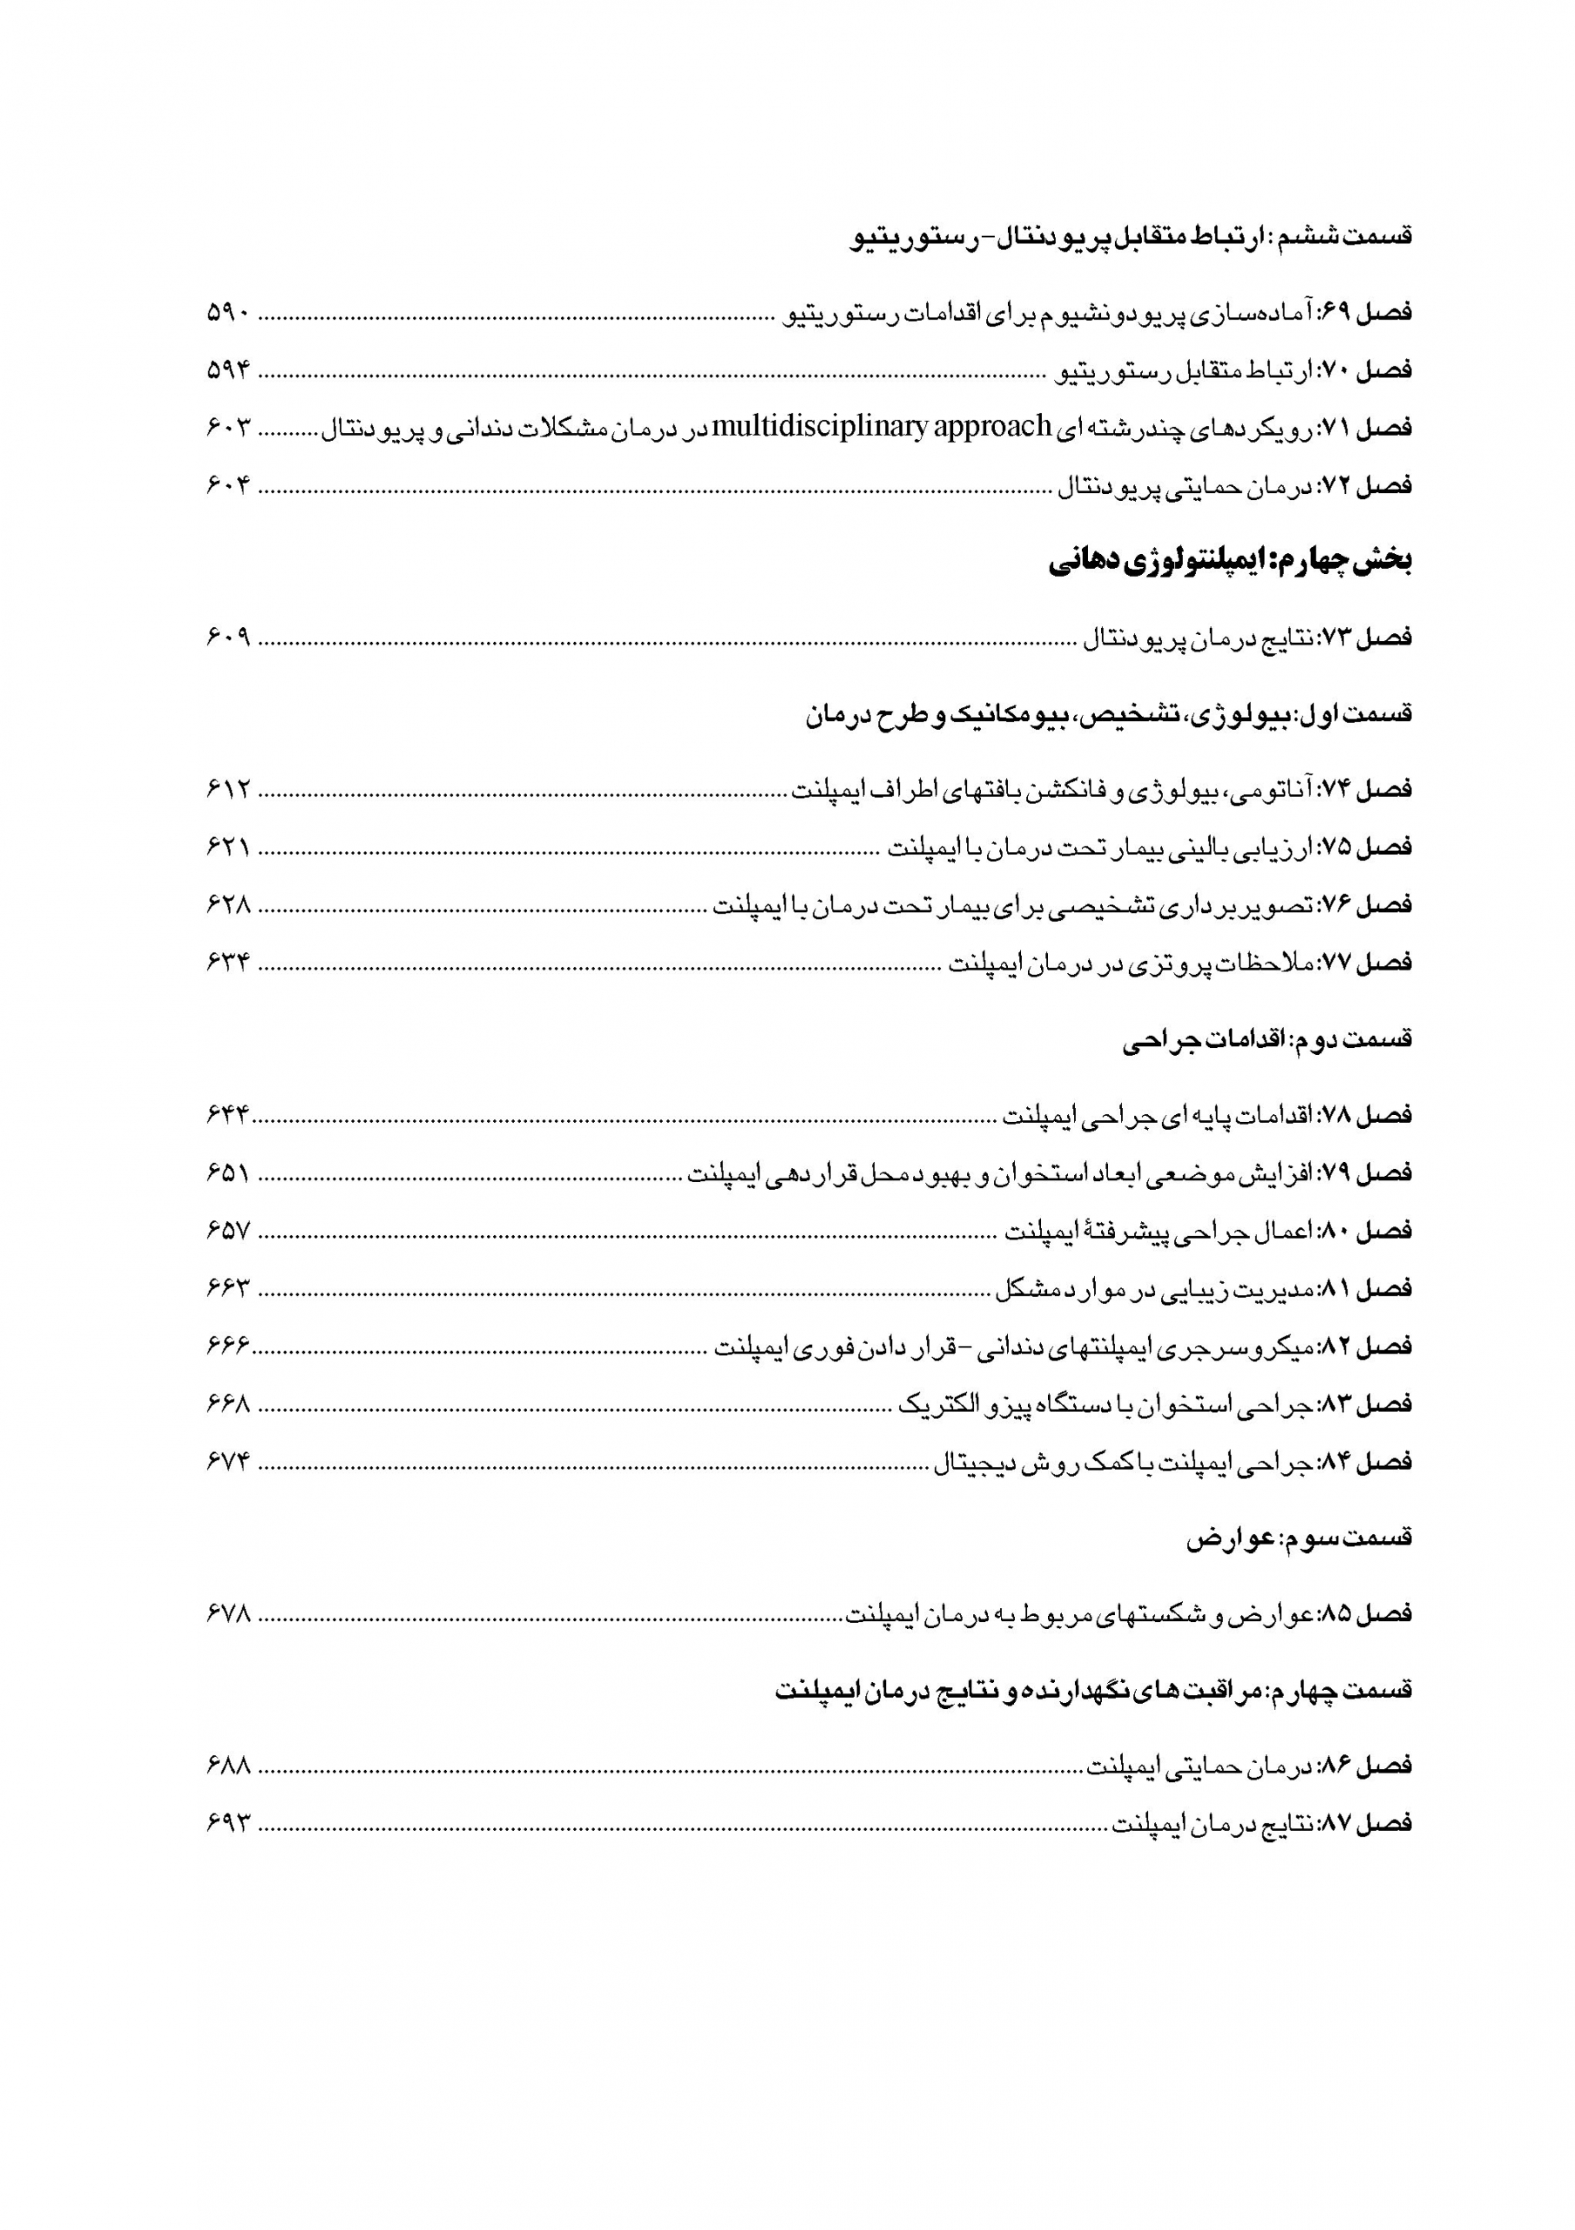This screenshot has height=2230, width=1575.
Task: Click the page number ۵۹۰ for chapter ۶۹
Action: (x=229, y=314)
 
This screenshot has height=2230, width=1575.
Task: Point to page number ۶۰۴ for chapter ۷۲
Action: (x=229, y=484)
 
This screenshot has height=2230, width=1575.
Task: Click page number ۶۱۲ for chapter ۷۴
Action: (x=229, y=788)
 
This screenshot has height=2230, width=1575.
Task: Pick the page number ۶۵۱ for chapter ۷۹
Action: (x=229, y=1173)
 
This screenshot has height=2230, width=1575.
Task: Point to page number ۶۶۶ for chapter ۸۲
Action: (x=229, y=1346)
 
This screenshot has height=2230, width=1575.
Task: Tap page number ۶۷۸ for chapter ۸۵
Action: (x=229, y=1613)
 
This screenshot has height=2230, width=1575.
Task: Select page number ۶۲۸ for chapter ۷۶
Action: (x=229, y=904)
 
